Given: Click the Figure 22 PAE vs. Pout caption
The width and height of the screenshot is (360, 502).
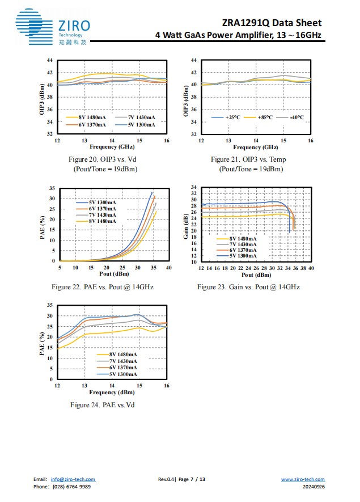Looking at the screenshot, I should [102, 287].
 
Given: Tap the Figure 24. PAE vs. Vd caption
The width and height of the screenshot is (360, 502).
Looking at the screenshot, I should [102, 404].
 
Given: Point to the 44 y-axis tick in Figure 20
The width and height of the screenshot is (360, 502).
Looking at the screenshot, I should [50, 60].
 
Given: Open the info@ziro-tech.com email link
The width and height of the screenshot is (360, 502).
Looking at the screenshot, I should [73, 480].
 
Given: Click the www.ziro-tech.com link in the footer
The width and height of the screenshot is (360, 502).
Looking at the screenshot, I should [303, 480].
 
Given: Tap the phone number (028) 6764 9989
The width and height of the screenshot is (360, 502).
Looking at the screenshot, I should [71, 487].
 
